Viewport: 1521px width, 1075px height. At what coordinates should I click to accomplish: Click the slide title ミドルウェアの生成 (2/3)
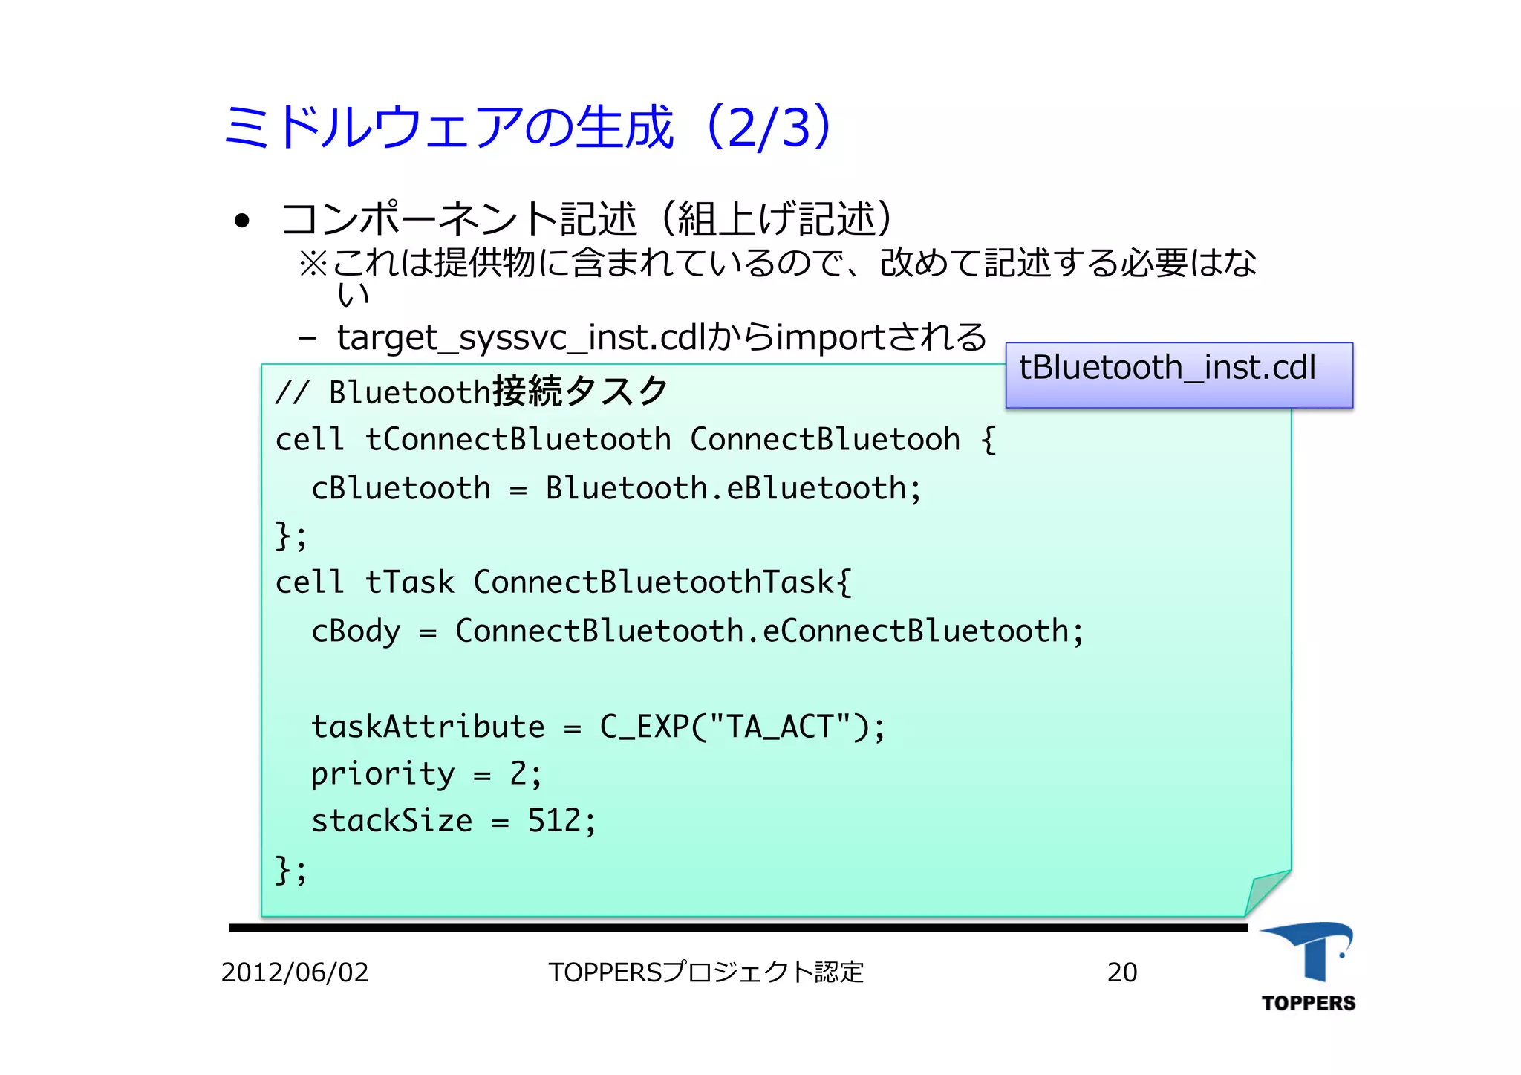click(x=527, y=126)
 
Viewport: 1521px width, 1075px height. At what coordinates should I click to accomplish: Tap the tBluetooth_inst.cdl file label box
click(x=1179, y=374)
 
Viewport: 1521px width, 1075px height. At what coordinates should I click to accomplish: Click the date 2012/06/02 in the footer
click(x=295, y=972)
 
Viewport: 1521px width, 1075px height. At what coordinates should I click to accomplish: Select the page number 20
click(x=1121, y=972)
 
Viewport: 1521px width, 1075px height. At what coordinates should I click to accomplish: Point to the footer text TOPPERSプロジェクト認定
click(x=706, y=972)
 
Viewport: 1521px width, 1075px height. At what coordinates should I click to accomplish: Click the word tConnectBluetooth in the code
click(x=518, y=440)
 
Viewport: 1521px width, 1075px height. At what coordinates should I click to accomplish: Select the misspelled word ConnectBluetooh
click(x=824, y=440)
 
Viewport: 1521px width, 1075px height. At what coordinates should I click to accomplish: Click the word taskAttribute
click(x=428, y=727)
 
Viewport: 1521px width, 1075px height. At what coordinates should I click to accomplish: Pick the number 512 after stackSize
click(x=554, y=821)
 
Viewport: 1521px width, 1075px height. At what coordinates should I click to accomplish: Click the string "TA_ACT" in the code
click(x=780, y=727)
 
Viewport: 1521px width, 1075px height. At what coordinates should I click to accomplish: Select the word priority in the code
click(x=382, y=775)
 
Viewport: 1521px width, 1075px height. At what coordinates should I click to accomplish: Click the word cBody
click(x=356, y=631)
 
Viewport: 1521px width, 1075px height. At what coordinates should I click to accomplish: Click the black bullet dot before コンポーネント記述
click(x=241, y=221)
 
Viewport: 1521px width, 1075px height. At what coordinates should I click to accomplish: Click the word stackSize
click(x=391, y=821)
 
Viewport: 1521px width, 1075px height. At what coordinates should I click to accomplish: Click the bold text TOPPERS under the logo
click(x=1308, y=1004)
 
